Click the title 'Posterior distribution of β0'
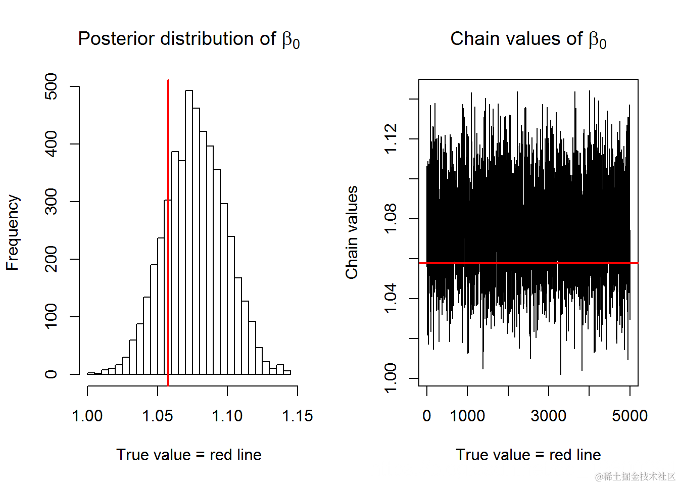(x=188, y=39)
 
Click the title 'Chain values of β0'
(x=528, y=39)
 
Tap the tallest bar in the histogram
(x=189, y=232)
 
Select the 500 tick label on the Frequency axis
(x=52, y=86)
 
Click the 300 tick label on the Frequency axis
(x=52, y=202)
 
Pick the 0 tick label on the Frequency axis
(x=52, y=374)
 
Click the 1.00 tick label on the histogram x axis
(x=87, y=416)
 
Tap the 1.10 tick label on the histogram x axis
(x=227, y=416)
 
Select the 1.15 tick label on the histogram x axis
(x=297, y=416)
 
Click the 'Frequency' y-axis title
(x=13, y=232)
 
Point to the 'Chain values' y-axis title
(x=352, y=232)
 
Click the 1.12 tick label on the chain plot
(x=391, y=139)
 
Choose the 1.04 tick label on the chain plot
(x=391, y=299)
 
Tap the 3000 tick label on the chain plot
(x=548, y=416)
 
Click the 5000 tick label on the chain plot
(x=629, y=416)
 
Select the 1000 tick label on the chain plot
(x=467, y=416)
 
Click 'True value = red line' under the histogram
(x=189, y=455)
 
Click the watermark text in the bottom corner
(x=635, y=476)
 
